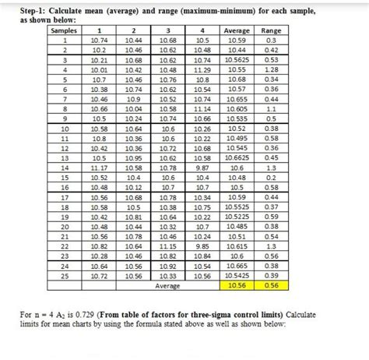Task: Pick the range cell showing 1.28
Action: pos(272,69)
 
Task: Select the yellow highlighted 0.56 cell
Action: pos(272,285)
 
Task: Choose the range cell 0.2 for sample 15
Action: pos(272,177)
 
